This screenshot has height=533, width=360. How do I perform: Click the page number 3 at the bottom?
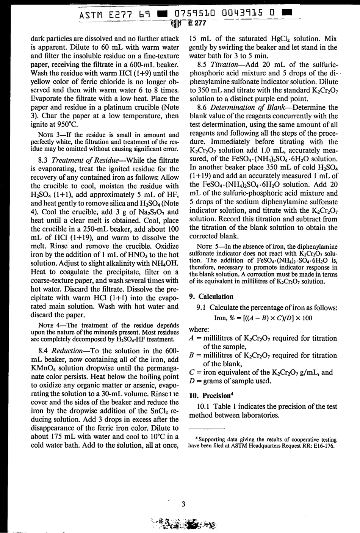(183, 503)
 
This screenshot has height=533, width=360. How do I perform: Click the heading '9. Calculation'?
(211, 296)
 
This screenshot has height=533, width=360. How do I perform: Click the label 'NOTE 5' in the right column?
(208, 246)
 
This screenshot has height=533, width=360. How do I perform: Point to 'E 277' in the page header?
(196, 23)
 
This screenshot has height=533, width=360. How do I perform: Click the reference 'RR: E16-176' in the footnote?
(318, 446)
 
